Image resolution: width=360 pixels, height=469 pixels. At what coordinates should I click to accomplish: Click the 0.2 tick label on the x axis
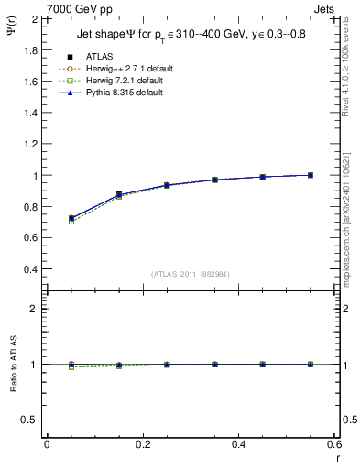tap(142, 443)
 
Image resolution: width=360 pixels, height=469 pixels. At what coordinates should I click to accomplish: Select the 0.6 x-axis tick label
tap(335, 443)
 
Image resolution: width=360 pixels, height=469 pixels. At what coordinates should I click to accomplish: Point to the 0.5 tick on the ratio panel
tap(31, 420)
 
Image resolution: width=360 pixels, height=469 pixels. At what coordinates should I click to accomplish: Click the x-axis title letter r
tap(336, 457)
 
